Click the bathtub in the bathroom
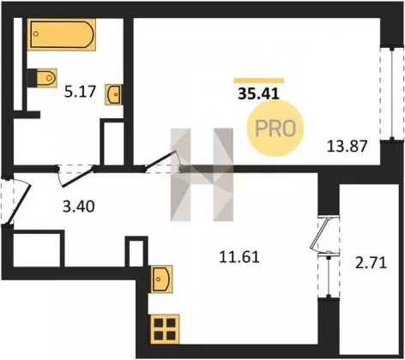pos(62,34)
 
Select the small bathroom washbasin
pos(114,94)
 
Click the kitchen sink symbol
pos(161,279)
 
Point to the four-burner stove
pos(165,329)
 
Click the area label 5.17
pos(80,92)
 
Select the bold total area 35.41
pos(258,93)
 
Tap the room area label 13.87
pos(347,147)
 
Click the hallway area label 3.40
pos(79,207)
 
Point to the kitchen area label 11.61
pos(239,257)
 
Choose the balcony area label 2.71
pos(371,263)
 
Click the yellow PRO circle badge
pos(275,129)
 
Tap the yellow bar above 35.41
pos(258,81)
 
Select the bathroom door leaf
pos(78,178)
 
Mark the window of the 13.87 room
pos(391,94)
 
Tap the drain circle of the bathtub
pos(36,33)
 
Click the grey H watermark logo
pos(202,175)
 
